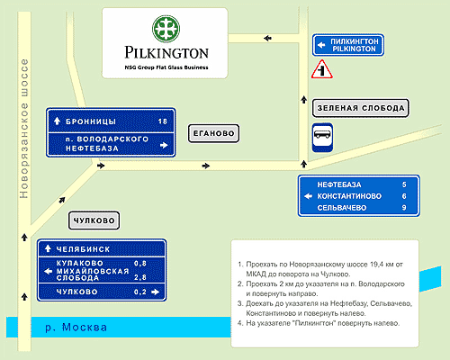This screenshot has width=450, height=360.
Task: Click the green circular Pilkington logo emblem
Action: (166, 29)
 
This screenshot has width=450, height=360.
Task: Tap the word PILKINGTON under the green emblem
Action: (166, 52)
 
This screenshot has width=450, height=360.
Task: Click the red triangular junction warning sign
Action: (322, 69)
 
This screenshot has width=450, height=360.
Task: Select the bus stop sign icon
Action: (322, 137)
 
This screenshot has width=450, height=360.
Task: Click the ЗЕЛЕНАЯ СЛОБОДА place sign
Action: (361, 108)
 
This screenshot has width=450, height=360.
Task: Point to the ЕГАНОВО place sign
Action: (213, 133)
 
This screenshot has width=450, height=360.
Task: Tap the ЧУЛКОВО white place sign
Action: (94, 220)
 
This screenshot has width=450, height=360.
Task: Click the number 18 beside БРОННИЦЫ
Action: (163, 121)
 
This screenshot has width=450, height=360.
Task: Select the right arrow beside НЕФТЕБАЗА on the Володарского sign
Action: (164, 145)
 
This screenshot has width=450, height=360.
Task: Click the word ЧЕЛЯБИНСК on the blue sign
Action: (83, 249)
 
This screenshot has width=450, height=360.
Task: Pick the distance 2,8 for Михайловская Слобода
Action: (140, 277)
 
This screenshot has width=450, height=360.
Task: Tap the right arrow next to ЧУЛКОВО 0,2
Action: (156, 292)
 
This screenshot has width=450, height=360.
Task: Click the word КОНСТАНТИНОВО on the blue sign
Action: (349, 196)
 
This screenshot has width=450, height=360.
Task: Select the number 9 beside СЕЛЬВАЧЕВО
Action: (404, 208)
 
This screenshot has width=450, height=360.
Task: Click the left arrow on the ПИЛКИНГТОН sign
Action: (321, 45)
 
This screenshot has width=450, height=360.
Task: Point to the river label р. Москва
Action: (76, 328)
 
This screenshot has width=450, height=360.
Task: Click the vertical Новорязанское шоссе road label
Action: (23, 129)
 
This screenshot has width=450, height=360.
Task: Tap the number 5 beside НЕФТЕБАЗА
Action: (404, 184)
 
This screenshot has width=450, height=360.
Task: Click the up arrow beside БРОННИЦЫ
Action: (57, 121)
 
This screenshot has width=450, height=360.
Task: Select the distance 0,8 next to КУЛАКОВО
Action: (140, 264)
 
